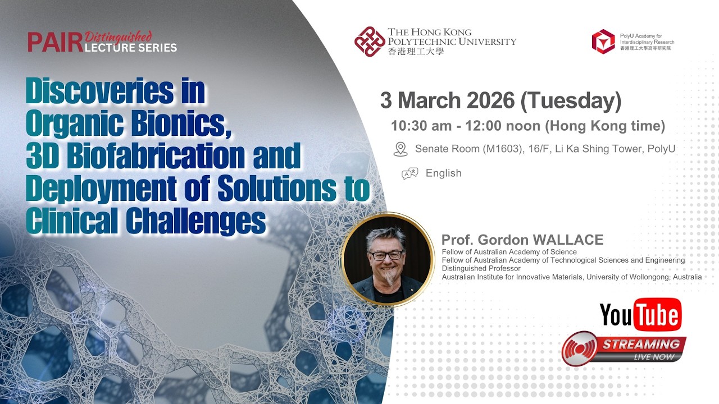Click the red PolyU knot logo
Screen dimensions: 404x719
tap(369, 42)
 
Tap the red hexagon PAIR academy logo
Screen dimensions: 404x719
tap(603, 42)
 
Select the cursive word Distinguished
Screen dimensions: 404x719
tap(118, 37)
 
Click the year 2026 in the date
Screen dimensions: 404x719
tap(486, 100)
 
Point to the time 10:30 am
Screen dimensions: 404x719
tap(421, 126)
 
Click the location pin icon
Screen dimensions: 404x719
tap(401, 149)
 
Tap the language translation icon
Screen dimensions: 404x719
tap(409, 173)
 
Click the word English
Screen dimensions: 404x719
tap(443, 173)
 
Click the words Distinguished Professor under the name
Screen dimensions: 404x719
tap(481, 268)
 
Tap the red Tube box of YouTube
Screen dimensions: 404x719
tap(657, 315)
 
